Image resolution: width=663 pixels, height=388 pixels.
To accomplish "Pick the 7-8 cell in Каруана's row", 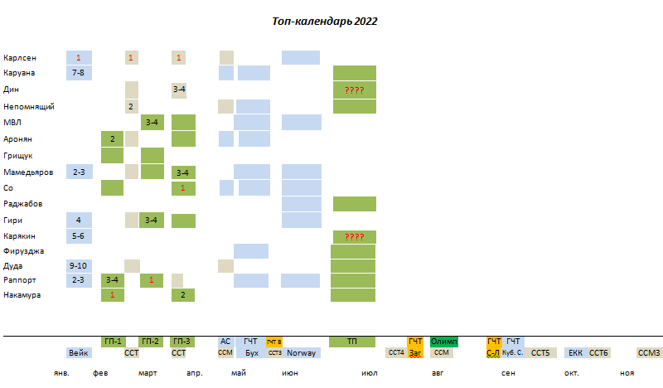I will tap(79, 73).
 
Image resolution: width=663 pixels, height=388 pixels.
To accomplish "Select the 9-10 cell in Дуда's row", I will tap(79, 266).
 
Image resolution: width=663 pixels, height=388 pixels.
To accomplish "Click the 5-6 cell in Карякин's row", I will tap(79, 236).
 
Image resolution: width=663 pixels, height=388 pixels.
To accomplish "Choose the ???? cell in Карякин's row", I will tap(355, 236).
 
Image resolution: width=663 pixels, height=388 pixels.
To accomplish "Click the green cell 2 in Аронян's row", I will tap(112, 138).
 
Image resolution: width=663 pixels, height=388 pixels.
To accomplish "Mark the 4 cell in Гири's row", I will tap(79, 221).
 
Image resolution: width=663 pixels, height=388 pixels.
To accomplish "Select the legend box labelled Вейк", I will tap(79, 352).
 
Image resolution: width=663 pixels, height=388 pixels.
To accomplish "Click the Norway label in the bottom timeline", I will tap(302, 352).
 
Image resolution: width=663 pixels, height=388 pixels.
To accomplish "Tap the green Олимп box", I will tap(444, 342).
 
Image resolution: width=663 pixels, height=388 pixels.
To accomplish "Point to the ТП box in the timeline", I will tap(353, 342).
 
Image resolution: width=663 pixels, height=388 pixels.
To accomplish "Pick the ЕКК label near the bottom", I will tap(575, 352).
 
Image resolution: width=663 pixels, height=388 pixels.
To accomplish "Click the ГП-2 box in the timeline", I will tap(150, 342).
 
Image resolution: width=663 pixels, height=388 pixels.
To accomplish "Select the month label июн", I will tap(290, 373).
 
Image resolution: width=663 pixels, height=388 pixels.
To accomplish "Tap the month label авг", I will tap(437, 373).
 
